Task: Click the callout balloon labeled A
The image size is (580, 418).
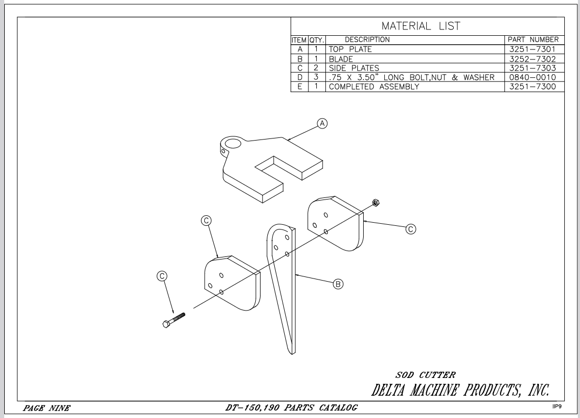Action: click(x=322, y=123)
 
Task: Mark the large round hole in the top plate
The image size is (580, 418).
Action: click(x=233, y=143)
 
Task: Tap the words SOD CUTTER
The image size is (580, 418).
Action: click(x=426, y=375)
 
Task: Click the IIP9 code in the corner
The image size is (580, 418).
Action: click(x=557, y=406)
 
